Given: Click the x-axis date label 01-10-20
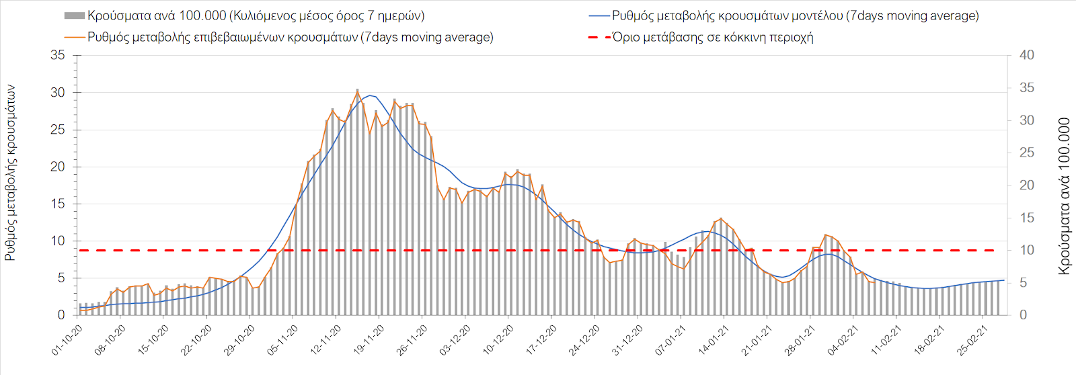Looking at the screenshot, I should click(67, 340).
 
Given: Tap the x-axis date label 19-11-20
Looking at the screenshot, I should click(369, 340).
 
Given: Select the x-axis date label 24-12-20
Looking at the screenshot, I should click(584, 340).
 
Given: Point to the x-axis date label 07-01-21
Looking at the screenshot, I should click(670, 340).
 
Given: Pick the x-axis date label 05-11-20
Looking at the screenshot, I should click(283, 340).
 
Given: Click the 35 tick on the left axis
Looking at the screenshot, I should click(58, 55).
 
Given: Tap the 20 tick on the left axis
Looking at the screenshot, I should click(58, 167).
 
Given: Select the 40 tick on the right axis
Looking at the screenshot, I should click(1026, 55).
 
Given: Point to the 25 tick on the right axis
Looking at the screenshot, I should click(1026, 153).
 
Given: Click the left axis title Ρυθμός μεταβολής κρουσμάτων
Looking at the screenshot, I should click(10, 173).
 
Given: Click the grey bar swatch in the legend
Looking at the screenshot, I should click(74, 15).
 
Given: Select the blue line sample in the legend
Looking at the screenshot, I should click(599, 15).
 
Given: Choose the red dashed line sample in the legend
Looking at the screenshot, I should click(599, 37).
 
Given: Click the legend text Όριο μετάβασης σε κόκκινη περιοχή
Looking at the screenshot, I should click(713, 37).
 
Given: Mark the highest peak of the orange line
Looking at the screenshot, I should click(357, 90).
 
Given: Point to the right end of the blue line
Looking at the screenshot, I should click(1004, 280).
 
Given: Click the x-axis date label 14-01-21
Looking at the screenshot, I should click(714, 340).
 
